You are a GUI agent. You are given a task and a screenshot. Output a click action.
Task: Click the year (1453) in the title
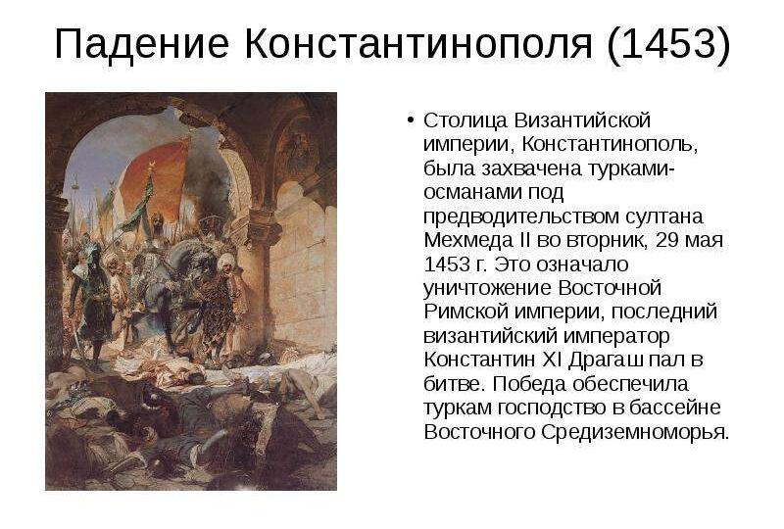pyautogui.click(x=669, y=45)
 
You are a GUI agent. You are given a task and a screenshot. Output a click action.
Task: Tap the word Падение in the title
pyautogui.click(x=140, y=45)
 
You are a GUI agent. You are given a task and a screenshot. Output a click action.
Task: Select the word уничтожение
pyautogui.click(x=487, y=288)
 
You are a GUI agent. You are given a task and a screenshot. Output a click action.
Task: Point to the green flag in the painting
pyautogui.click(x=132, y=211)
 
